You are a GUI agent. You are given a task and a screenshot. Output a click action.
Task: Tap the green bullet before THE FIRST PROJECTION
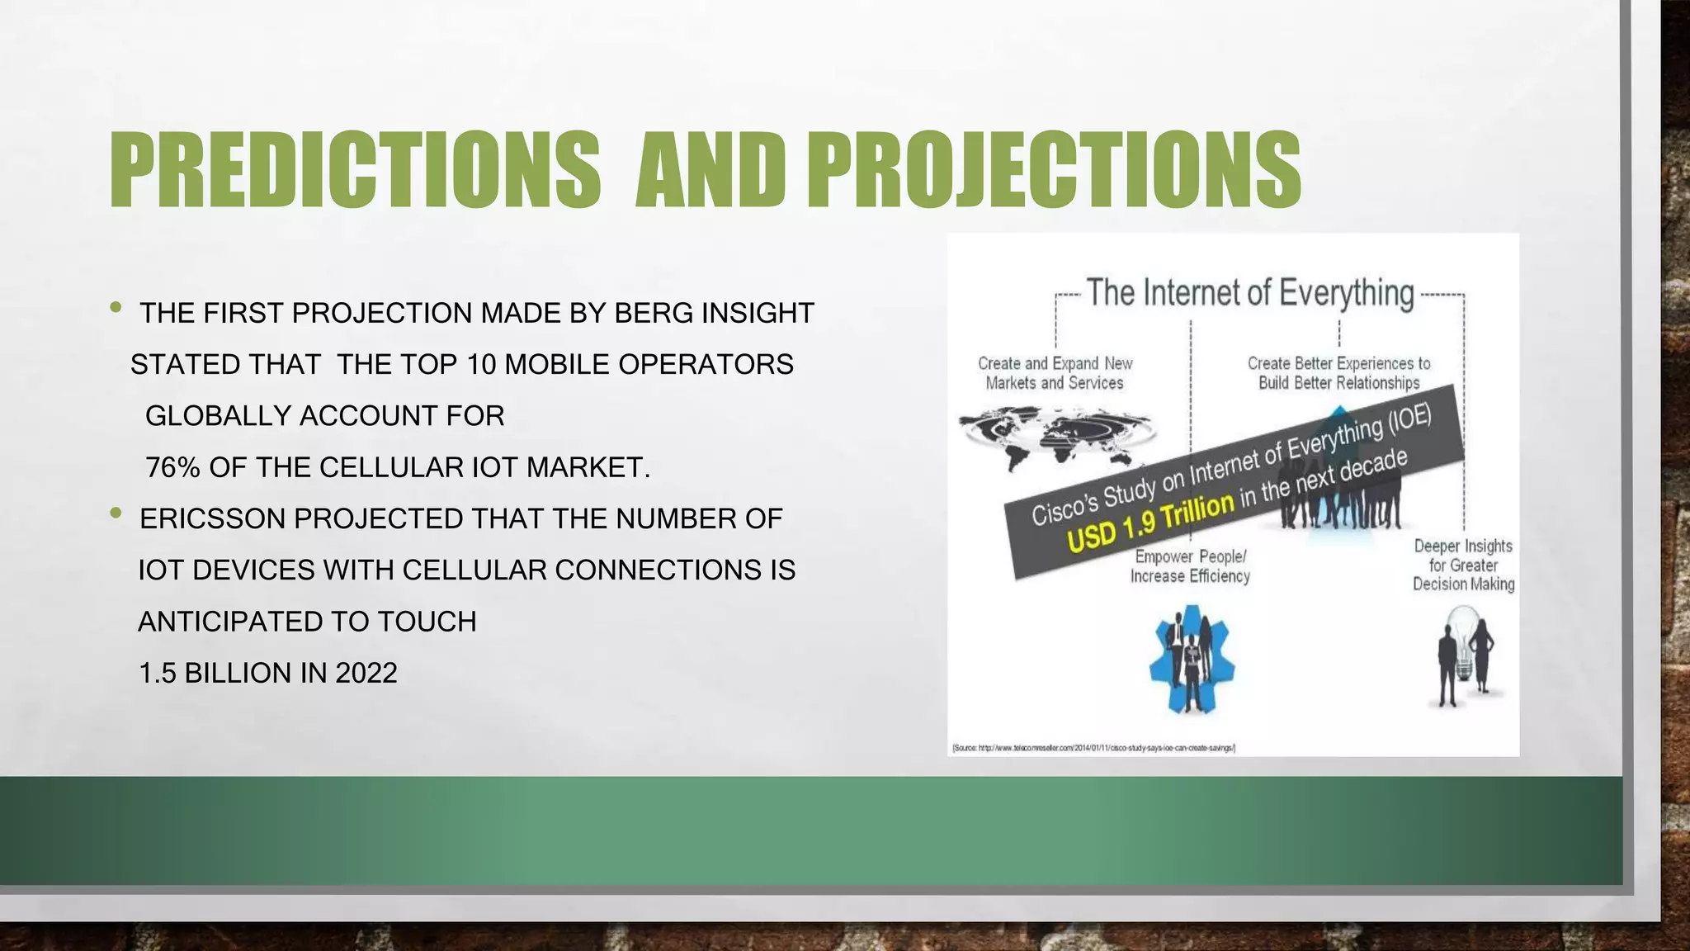[x=116, y=309]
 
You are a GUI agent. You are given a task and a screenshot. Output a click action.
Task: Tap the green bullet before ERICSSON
[x=116, y=514]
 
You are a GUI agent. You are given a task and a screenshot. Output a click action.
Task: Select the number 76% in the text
[x=172, y=468]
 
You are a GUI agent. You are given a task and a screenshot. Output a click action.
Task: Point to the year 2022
[x=366, y=674]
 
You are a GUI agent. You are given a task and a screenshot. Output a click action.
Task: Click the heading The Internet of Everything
[x=1249, y=293]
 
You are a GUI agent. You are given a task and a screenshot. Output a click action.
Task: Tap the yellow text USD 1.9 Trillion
[x=1150, y=522]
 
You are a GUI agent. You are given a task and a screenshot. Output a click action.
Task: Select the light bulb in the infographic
[x=1466, y=644]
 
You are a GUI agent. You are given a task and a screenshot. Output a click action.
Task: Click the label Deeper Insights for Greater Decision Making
[x=1463, y=565]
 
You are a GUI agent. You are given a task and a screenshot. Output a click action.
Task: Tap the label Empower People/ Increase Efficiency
[x=1190, y=566]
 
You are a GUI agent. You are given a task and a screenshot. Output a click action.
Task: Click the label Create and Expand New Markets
[x=1055, y=373]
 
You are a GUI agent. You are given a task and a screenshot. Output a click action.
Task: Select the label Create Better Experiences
[x=1338, y=373]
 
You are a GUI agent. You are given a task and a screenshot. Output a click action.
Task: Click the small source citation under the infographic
[x=1093, y=748]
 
